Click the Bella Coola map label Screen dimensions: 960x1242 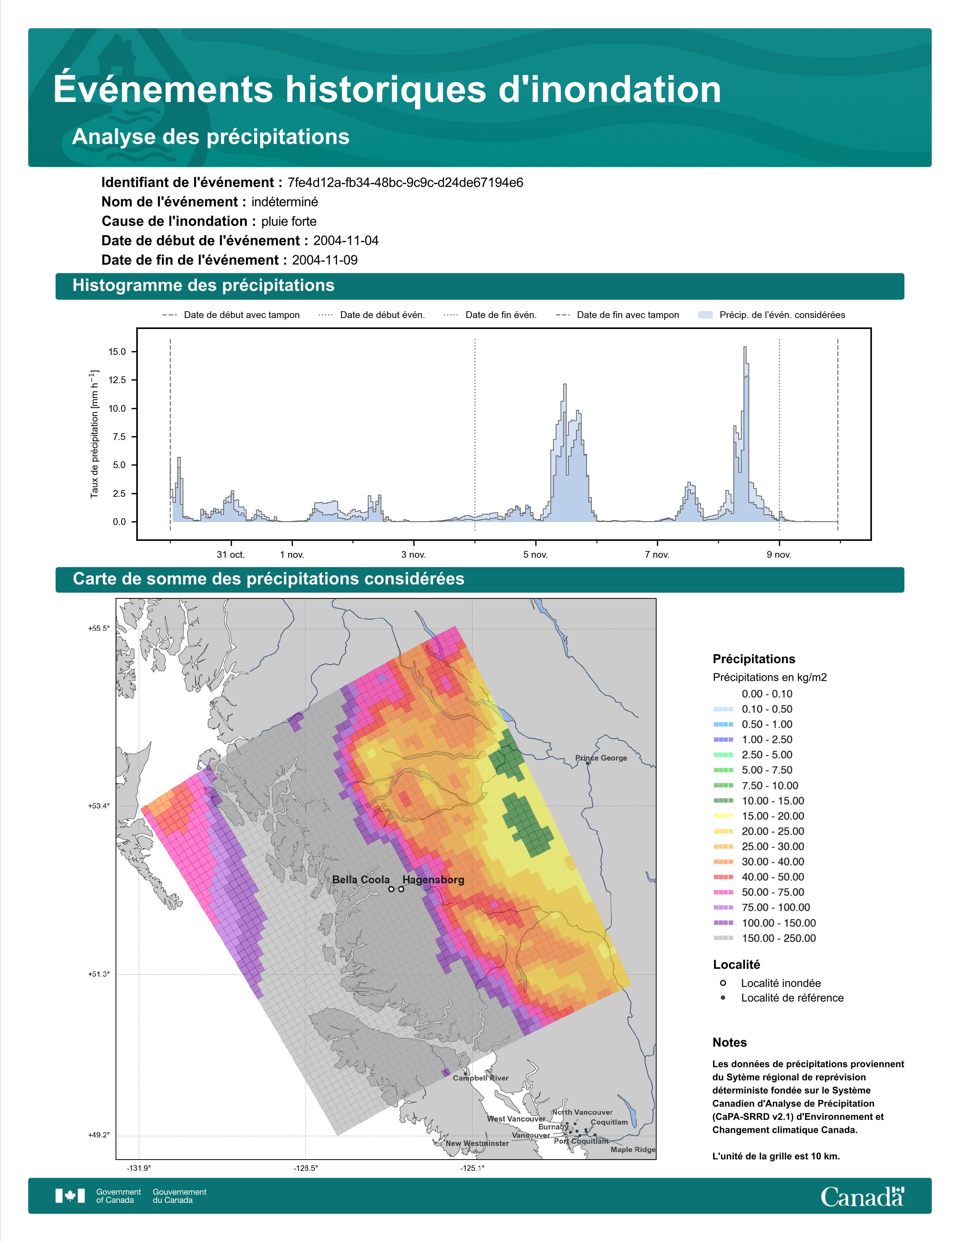tap(361, 880)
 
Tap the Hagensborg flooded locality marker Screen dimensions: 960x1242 tap(402, 889)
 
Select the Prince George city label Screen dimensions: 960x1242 tap(601, 758)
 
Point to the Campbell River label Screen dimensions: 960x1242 tap(481, 1078)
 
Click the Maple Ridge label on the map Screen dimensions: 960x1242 tap(633, 1149)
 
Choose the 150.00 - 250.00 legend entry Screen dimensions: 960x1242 tap(779, 938)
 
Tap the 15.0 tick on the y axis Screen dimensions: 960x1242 tap(117, 352)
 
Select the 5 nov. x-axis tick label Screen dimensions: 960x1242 tap(536, 554)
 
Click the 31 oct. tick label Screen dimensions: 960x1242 tap(231, 554)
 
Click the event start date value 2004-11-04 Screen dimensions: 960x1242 tap(346, 240)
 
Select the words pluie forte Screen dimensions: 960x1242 tap(289, 221)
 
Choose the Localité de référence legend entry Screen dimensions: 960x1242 tap(792, 997)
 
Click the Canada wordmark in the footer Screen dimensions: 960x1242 tap(862, 1196)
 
